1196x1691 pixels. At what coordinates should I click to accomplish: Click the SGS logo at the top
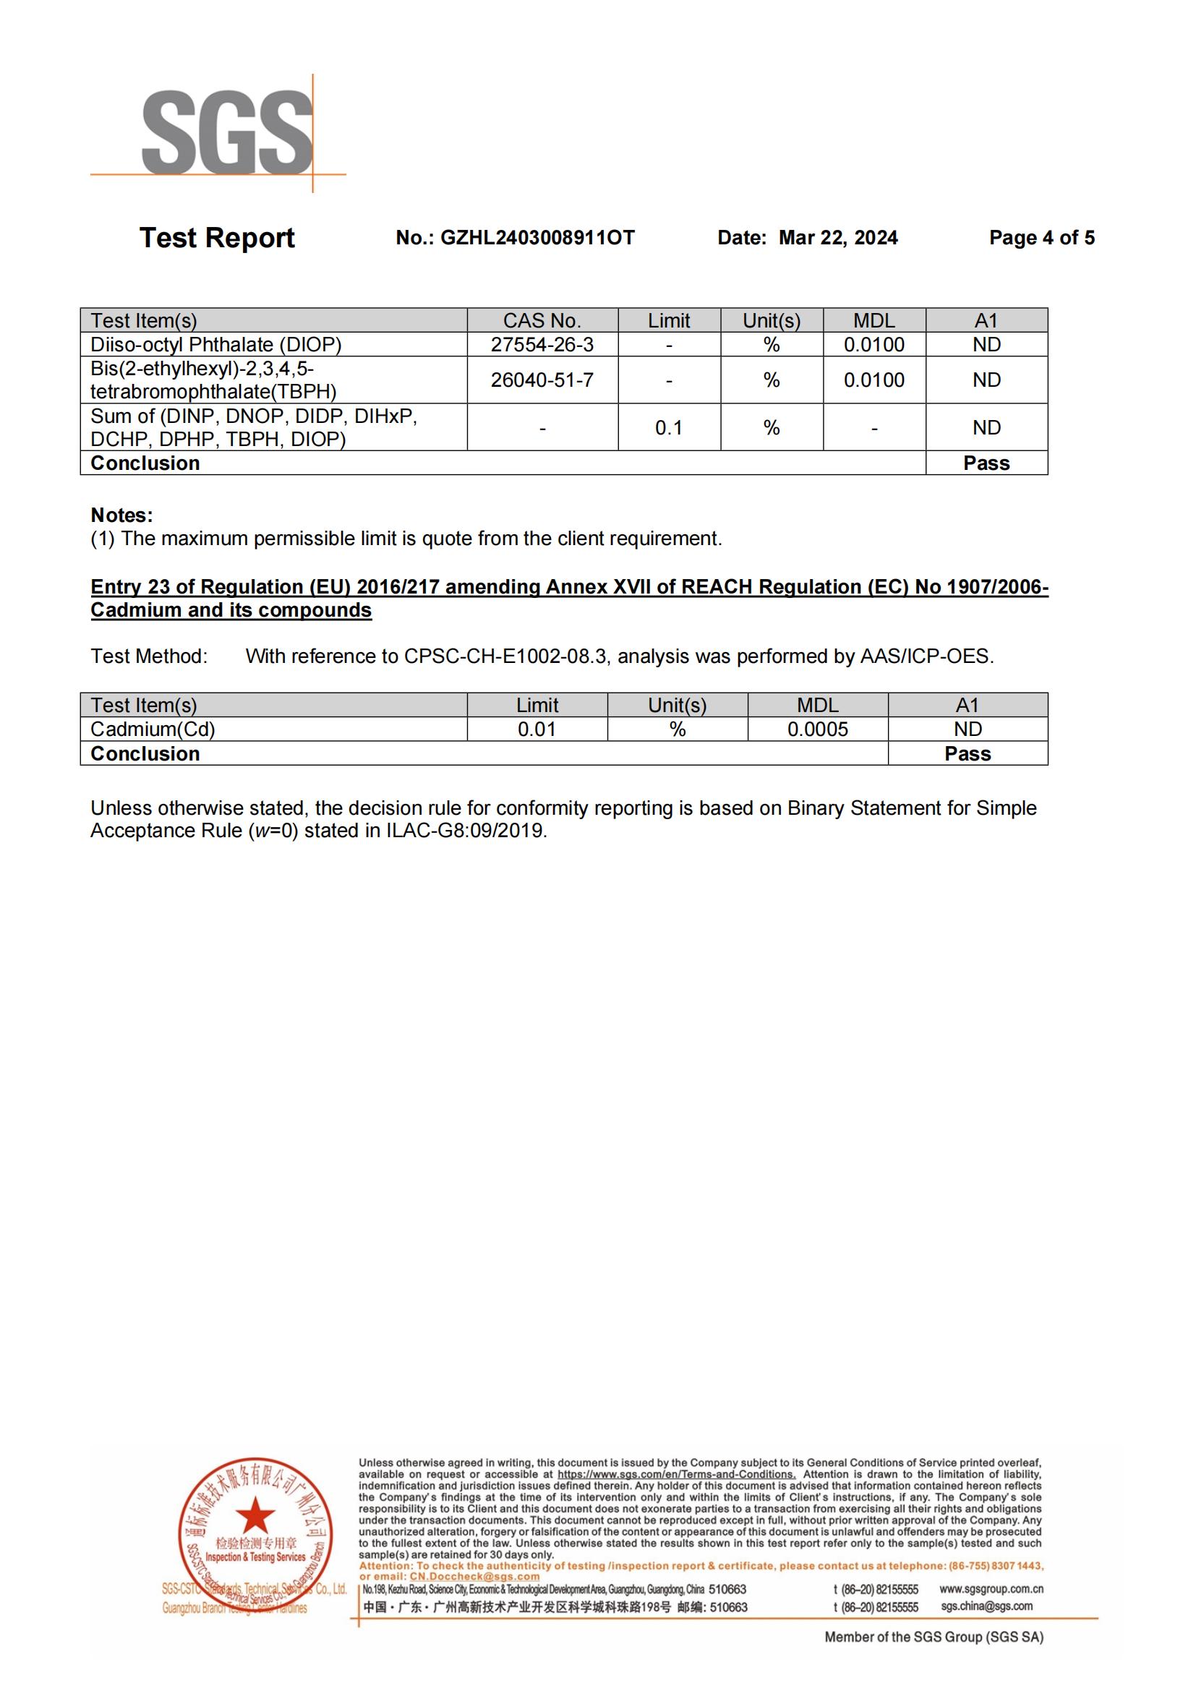pyautogui.click(x=227, y=132)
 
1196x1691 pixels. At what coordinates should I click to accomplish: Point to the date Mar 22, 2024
pyautogui.click(x=838, y=238)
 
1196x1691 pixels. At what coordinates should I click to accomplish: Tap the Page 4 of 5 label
pyautogui.click(x=1041, y=238)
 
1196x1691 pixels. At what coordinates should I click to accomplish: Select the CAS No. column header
pyautogui.click(x=542, y=320)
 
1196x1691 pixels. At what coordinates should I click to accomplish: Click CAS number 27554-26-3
pyautogui.click(x=542, y=345)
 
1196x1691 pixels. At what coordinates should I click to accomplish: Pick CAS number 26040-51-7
pyautogui.click(x=542, y=380)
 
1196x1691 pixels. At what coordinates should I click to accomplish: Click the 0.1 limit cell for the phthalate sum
pyautogui.click(x=669, y=427)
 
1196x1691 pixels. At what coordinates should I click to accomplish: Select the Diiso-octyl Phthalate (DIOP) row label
pyautogui.click(x=215, y=345)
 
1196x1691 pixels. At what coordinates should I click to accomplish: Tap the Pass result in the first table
pyautogui.click(x=986, y=463)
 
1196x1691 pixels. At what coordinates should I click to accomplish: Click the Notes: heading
pyautogui.click(x=121, y=515)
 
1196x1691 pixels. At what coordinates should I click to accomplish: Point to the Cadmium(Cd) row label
pyautogui.click(x=153, y=729)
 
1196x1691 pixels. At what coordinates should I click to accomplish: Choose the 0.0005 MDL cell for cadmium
pyautogui.click(x=818, y=729)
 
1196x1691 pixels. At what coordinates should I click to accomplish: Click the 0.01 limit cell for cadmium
pyautogui.click(x=537, y=729)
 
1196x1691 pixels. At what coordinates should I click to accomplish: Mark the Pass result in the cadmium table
pyautogui.click(x=968, y=753)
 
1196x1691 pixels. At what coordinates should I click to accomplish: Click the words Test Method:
pyautogui.click(x=149, y=656)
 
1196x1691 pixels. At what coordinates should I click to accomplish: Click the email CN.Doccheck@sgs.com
pyautogui.click(x=474, y=1576)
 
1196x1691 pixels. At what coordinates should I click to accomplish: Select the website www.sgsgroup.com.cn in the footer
pyautogui.click(x=991, y=1589)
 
